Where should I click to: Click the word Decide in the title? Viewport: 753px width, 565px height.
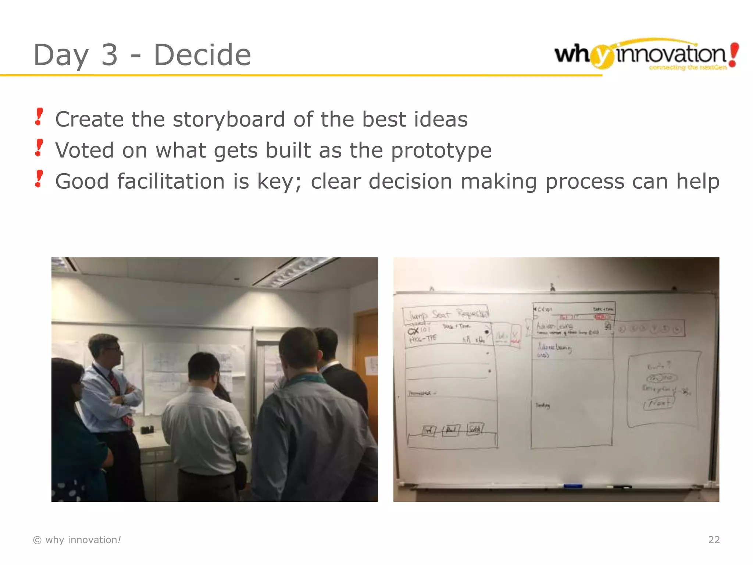click(x=202, y=55)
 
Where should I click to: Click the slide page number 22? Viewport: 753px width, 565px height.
click(x=714, y=540)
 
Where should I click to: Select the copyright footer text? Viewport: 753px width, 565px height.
click(x=77, y=540)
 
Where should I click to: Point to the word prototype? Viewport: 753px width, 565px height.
click(x=441, y=151)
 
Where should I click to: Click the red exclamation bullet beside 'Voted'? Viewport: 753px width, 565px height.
click(x=39, y=148)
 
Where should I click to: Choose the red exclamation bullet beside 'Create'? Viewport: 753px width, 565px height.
click(x=39, y=117)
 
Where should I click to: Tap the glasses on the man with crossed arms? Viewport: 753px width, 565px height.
click(x=113, y=348)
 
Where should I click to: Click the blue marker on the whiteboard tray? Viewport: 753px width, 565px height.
click(x=573, y=486)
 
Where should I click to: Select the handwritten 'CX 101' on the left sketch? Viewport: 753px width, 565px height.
click(x=418, y=330)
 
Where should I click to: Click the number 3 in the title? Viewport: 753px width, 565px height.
click(x=109, y=55)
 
